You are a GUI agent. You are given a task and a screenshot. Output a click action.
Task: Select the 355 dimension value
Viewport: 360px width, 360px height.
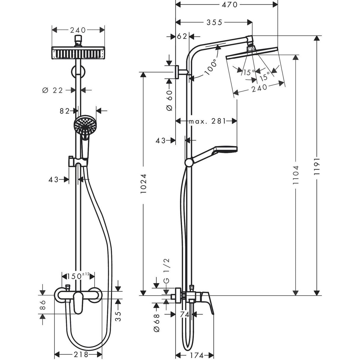pos(214,22)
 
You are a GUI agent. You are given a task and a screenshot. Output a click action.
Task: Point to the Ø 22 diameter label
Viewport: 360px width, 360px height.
pos(53,90)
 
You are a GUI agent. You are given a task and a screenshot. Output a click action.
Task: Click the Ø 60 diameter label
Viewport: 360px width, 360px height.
pos(169,100)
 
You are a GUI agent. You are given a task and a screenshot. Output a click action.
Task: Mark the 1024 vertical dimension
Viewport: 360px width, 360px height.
pos(144,184)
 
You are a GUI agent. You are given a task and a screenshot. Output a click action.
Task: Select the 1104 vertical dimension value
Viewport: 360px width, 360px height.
pos(295,175)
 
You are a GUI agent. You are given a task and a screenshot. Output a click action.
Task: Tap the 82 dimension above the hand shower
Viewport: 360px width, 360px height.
pos(65,111)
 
